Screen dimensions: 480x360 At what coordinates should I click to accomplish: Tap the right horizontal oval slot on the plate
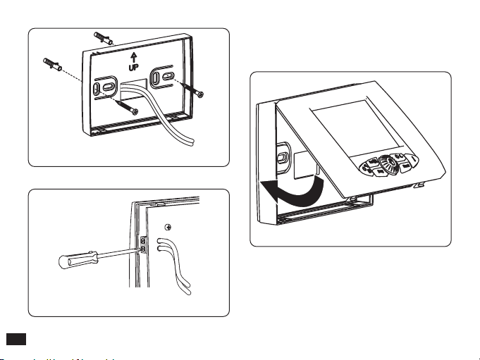166,75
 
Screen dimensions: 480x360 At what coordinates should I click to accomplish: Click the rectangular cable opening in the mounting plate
134,87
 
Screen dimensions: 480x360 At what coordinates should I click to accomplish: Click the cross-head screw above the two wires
167,228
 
